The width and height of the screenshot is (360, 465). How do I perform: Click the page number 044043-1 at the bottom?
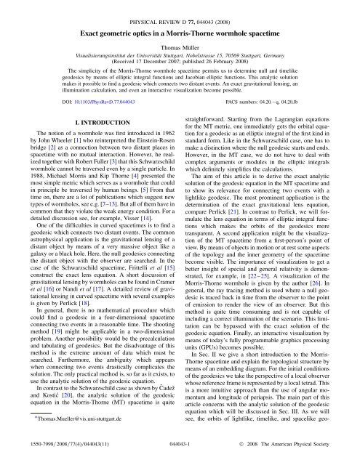coord(180,451)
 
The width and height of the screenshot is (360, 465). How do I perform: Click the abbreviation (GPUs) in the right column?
coord(201,348)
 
